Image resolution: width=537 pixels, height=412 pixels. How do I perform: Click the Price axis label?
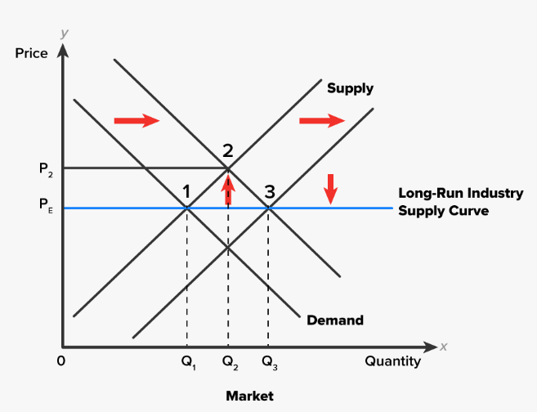pos(31,53)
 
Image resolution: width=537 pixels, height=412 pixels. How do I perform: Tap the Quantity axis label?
pos(392,360)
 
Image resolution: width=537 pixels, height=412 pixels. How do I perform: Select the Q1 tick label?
pos(189,362)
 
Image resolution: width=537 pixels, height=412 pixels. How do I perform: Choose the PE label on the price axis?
pos(45,208)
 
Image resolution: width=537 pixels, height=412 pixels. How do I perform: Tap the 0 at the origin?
pos(60,360)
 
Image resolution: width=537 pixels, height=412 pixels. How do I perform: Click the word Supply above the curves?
pos(350,88)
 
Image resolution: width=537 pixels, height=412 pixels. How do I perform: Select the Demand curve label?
pos(335,320)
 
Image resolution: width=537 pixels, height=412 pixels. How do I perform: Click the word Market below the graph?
pos(249,396)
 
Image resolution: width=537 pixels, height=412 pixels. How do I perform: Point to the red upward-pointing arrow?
pos(228,189)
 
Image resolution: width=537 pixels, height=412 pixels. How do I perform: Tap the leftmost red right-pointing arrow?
pos(136,121)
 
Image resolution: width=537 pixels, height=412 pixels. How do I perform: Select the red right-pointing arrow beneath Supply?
pos(322,121)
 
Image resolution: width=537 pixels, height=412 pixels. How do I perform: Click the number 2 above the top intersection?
pos(227,150)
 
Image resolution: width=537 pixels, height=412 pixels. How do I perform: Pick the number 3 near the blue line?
pos(269,192)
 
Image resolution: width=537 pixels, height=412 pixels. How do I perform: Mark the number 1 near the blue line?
pos(187,192)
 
